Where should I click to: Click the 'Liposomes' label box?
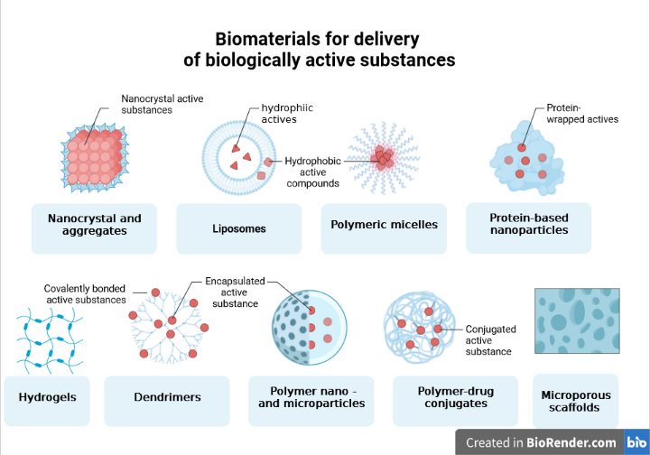[239, 228]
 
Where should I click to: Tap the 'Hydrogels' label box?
[47, 397]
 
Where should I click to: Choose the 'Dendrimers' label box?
[167, 397]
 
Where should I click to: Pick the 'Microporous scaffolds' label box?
[576, 401]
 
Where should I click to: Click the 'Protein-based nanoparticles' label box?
[528, 225]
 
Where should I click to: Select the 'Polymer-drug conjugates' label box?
[455, 398]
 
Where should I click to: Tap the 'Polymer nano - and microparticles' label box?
[311, 398]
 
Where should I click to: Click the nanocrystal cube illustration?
[93, 155]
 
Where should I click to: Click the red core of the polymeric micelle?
[384, 159]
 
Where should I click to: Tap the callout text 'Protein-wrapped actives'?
[581, 114]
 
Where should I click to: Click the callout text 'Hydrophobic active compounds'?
[313, 172]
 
